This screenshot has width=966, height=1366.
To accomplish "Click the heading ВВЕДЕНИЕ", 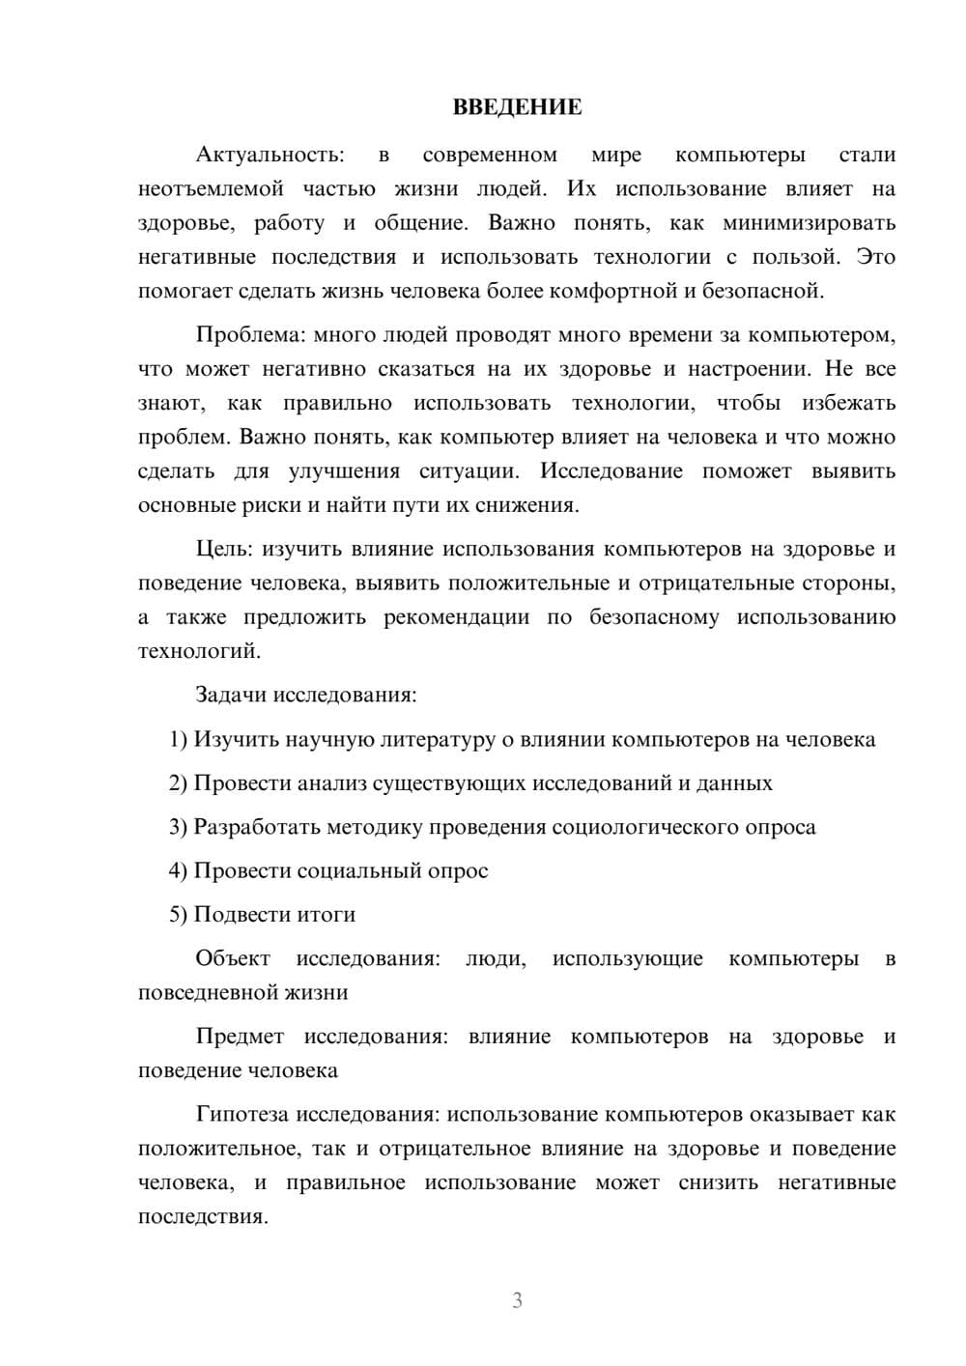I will [x=517, y=108].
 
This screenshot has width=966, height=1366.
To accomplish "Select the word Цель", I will [x=223, y=550].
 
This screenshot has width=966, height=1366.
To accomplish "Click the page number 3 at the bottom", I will [x=517, y=1300].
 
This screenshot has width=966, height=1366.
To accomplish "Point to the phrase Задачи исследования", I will [x=305, y=696].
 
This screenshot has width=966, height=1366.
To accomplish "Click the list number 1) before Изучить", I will [x=178, y=740].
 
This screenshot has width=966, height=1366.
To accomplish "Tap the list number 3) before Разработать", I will [x=178, y=828].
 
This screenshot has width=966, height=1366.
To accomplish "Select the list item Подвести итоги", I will [x=274, y=915].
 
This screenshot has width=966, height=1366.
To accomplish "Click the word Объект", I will [x=233, y=959].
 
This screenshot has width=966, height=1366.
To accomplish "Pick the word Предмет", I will [x=240, y=1038].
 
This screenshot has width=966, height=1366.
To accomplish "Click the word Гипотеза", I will [x=241, y=1115].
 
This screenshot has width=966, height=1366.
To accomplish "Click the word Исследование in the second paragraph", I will [x=611, y=471].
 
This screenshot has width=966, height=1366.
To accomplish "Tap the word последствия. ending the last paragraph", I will [x=203, y=1217].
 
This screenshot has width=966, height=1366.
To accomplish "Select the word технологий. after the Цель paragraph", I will [x=199, y=652].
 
